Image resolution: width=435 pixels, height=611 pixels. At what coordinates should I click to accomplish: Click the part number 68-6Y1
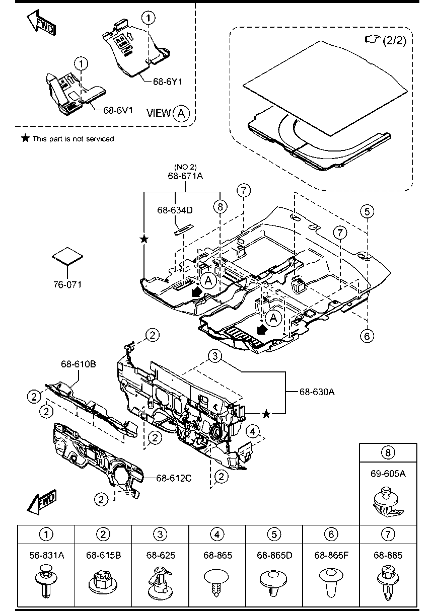pos(168,82)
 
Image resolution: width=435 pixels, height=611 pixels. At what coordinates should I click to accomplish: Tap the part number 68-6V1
pos(118,110)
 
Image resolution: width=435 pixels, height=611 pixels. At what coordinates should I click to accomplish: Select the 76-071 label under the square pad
pos(67,285)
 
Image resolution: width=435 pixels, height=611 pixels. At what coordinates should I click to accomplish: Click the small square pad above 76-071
pos(67,256)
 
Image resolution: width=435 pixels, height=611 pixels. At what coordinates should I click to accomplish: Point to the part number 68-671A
pos(185,176)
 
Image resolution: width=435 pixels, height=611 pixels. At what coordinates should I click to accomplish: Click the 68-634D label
pos(175,210)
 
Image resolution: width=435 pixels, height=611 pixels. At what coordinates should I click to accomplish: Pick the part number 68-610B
pos(79,364)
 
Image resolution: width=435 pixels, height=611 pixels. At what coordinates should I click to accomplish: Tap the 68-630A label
pos(317,392)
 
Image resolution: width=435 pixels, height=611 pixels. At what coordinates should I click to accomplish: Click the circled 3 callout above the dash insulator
pos(215,356)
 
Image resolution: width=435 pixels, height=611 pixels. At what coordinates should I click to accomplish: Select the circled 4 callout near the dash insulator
pos(252,431)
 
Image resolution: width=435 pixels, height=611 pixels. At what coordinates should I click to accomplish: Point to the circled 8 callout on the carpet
pos(220,207)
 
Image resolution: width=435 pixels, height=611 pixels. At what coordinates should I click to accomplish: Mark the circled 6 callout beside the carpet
pos(367,336)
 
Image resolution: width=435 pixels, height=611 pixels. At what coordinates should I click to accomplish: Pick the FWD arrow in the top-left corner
pos(41,24)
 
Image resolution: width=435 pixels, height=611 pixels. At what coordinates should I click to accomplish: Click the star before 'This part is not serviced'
pos(25,138)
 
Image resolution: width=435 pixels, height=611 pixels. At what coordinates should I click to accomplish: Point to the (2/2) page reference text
pos(395,40)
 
